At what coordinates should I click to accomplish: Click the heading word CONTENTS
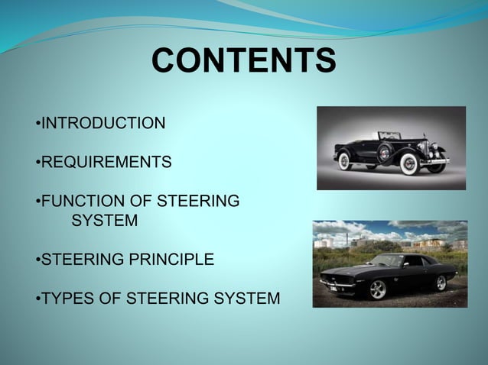243,61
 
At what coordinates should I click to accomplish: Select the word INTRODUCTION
102,122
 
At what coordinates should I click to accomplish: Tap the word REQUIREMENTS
106,162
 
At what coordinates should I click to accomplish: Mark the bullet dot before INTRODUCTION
37,123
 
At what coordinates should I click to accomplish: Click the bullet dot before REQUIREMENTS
37,163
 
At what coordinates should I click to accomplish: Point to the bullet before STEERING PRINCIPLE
37,260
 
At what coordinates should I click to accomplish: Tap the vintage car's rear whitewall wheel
344,161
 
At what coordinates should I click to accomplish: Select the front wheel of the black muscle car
379,289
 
